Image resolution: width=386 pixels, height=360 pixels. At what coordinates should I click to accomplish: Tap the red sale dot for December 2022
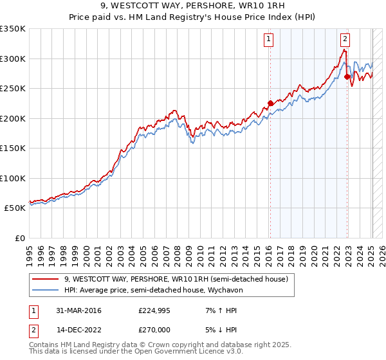tap(347, 76)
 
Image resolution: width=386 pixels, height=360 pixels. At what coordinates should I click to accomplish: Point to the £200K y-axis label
tap(13, 118)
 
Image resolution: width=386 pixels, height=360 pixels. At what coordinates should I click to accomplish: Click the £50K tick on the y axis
tap(15, 208)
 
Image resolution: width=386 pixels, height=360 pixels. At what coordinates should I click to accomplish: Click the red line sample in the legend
tap(45, 279)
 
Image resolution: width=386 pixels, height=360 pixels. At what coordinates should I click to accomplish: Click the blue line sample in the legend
tap(45, 290)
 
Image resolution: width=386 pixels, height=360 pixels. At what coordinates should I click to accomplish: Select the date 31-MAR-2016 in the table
tap(78, 310)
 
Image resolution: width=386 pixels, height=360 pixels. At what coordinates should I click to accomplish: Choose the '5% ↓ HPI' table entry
tap(218, 330)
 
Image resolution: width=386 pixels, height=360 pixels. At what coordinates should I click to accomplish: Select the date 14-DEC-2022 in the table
tap(78, 330)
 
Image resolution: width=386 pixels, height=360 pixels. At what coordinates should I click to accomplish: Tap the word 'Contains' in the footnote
tap(44, 345)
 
